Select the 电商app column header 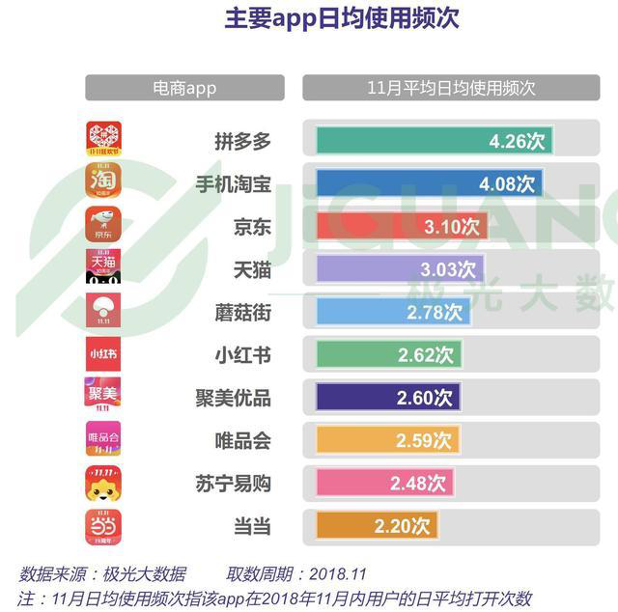pyautogui.click(x=184, y=88)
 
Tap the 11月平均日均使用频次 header pyautogui.click(x=451, y=88)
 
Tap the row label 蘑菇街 pyautogui.click(x=242, y=312)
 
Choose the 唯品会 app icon pyautogui.click(x=102, y=438)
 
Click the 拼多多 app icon pyautogui.click(x=102, y=139)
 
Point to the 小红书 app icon pyautogui.click(x=102, y=353)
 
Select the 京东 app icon pyautogui.click(x=102, y=224)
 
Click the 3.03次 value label pyautogui.click(x=448, y=269)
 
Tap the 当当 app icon pyautogui.click(x=102, y=525)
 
